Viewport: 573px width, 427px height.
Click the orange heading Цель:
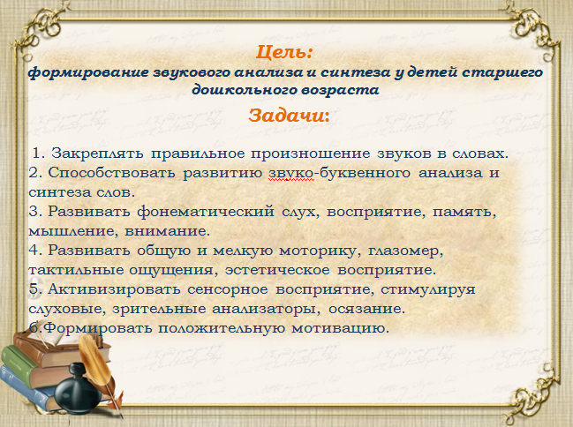284,52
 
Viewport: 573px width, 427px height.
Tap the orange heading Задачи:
289,116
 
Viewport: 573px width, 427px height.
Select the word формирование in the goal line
88,72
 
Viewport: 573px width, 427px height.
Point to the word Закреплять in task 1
97,154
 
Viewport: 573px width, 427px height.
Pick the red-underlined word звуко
290,173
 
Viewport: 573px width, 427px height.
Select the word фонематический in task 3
206,212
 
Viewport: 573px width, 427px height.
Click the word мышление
73,231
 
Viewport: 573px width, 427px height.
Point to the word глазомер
405,251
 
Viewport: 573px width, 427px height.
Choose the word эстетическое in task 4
277,270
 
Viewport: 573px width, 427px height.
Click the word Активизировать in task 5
114,289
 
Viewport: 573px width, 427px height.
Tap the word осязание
366,309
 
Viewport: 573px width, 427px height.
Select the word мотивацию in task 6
340,328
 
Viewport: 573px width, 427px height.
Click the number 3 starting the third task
33,212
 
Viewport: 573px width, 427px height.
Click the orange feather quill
100,369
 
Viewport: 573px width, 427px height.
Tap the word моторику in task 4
317,251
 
